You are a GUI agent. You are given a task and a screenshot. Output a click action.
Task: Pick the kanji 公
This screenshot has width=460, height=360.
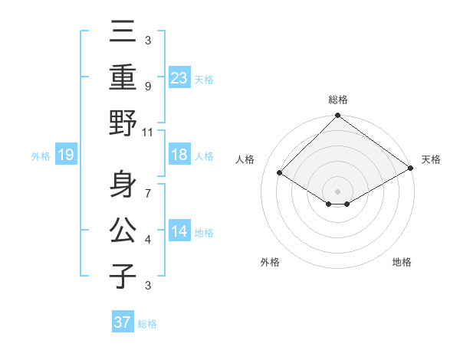click(123, 230)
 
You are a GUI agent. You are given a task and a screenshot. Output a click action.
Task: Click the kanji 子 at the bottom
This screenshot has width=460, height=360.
click(123, 276)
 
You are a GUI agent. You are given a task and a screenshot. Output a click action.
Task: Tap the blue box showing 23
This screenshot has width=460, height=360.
click(179, 77)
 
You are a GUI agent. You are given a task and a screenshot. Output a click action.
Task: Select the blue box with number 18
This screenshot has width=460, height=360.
click(179, 155)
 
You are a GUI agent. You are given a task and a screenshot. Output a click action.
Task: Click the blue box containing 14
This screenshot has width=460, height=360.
click(179, 232)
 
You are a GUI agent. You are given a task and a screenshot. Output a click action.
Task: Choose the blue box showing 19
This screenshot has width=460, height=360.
click(65, 155)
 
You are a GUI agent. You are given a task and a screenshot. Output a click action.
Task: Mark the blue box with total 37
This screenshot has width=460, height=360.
click(122, 322)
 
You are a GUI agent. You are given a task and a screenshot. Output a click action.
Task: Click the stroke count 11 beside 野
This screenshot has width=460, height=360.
click(147, 132)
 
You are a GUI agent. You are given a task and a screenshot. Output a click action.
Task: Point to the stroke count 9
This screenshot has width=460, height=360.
click(148, 86)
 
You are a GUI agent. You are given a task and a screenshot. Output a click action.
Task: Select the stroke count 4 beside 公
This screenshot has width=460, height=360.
click(148, 239)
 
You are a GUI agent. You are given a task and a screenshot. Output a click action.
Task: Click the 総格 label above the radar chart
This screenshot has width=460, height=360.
click(337, 100)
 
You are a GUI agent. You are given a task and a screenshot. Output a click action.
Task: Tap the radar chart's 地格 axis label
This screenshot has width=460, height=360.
click(402, 262)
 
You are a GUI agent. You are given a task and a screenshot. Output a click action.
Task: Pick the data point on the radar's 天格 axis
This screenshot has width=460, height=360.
click(411, 169)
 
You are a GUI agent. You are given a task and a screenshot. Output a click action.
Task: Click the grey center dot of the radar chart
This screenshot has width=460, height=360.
click(337, 191)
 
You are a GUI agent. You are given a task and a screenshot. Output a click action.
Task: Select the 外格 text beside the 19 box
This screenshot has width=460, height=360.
click(41, 156)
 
